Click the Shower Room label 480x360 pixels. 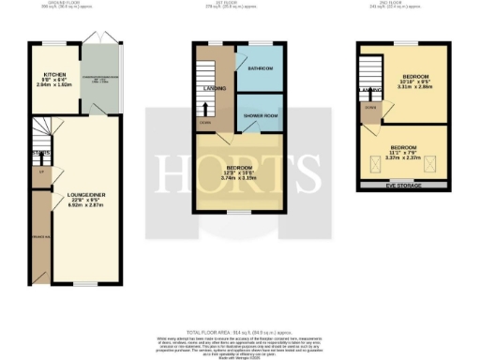coord(256,116)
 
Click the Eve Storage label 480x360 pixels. coord(406,186)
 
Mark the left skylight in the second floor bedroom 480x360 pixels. coord(383,162)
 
